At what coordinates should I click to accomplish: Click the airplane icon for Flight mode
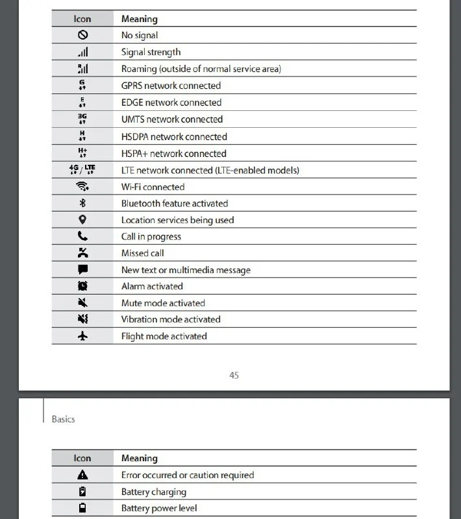82,336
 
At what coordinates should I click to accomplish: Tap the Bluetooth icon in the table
82,203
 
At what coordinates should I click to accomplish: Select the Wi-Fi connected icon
82,187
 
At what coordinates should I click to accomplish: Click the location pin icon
82,220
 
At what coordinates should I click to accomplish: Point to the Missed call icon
82,253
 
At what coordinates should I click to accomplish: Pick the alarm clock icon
82,286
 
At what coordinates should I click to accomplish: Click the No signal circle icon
82,36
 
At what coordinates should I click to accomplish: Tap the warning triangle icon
82,475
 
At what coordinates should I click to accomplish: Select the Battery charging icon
82,492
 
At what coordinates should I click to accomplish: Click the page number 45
234,375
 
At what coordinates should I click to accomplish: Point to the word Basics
63,419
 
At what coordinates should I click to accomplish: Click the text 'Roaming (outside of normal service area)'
201,69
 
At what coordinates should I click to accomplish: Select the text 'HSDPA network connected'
174,137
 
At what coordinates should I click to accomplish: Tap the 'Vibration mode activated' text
171,319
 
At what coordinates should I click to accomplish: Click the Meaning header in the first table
139,19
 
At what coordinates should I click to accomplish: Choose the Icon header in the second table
82,459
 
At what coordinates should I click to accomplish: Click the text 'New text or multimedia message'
186,270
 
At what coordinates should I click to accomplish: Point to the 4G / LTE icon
82,170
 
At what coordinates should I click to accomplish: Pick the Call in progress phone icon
82,237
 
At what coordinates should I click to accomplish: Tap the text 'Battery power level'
159,509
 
